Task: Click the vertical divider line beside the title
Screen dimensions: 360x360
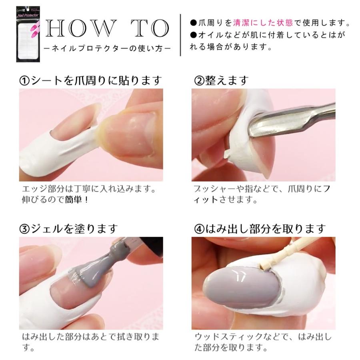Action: point(181,35)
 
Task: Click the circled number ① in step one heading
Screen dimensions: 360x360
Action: point(25,81)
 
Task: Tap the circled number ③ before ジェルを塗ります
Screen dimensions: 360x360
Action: point(25,229)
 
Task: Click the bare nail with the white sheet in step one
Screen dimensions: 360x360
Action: point(74,132)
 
